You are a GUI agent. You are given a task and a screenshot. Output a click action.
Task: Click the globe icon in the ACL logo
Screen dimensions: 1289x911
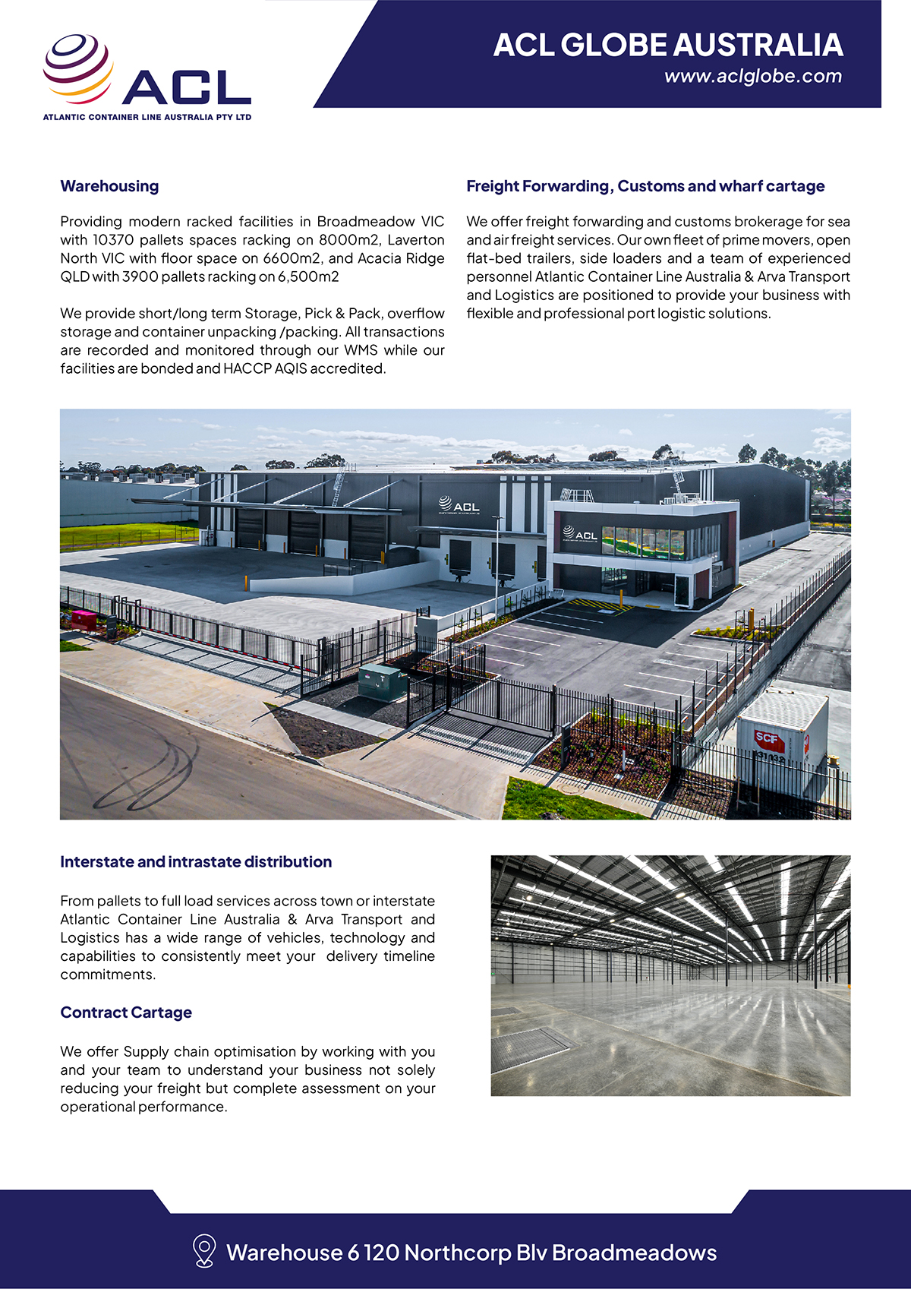click(77, 68)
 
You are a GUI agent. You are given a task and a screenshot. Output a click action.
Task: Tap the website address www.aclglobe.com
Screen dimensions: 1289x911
click(752, 76)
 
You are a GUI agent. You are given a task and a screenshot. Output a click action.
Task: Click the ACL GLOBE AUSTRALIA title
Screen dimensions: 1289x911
click(668, 45)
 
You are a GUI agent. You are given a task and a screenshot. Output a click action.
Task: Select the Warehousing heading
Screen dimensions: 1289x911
click(109, 186)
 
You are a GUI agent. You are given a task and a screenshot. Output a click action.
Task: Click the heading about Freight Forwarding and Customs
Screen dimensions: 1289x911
click(645, 186)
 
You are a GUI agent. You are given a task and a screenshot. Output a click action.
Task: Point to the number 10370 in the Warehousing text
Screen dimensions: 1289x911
click(113, 240)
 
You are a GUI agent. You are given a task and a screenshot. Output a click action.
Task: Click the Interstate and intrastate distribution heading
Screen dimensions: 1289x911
click(196, 862)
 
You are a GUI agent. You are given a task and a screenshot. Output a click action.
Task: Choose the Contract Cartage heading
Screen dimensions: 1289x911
click(126, 1013)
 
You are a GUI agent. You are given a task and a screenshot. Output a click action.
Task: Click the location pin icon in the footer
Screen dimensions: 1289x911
click(203, 1251)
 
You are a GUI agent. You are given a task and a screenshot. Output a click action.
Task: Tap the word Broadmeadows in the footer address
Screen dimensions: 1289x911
click(634, 1253)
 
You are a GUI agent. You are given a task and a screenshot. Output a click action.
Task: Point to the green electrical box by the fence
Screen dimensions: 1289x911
click(382, 681)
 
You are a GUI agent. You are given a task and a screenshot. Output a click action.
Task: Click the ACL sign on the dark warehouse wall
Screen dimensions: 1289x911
click(459, 505)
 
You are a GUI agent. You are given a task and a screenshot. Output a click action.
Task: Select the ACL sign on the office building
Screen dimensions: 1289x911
click(581, 534)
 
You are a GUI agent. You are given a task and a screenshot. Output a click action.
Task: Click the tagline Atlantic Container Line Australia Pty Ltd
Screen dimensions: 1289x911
click(147, 118)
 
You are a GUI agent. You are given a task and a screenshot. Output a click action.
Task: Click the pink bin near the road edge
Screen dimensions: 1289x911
click(84, 620)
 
